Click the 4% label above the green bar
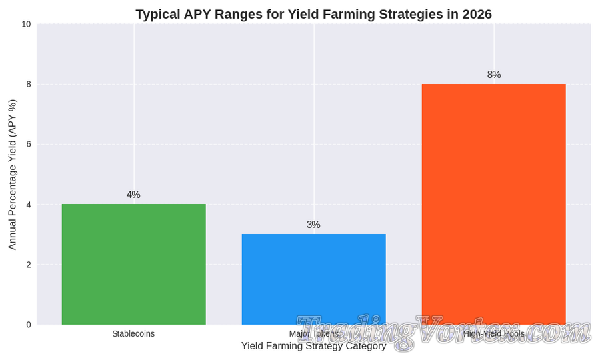133,195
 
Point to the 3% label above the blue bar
313,225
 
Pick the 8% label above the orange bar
493,75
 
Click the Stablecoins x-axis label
133,334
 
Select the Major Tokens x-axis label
313,334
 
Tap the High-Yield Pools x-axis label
493,334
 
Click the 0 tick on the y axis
28,325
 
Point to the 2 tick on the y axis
28,265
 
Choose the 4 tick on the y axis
28,205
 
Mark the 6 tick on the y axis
28,144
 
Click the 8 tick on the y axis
28,84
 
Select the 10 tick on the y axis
26,24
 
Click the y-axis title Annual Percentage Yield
12,174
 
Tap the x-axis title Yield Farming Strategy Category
313,346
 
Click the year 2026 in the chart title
475,14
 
